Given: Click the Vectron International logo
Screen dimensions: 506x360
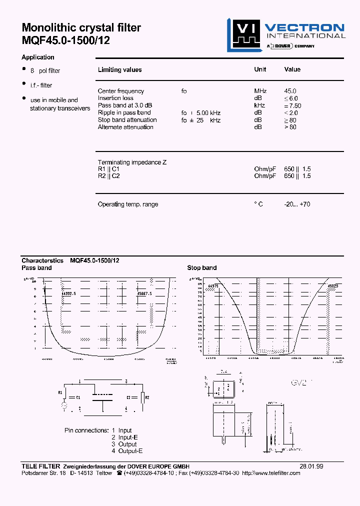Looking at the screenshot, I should (x=285, y=34).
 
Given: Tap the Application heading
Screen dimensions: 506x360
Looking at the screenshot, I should (x=38, y=57).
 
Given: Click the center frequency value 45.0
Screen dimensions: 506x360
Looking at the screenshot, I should (x=290, y=91).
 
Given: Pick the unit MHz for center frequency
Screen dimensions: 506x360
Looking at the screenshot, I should (x=260, y=91).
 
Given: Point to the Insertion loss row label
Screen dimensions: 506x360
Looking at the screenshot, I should (x=115, y=98).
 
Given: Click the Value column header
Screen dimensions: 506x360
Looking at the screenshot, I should (x=292, y=69).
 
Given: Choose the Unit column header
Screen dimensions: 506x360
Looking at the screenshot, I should (x=260, y=69).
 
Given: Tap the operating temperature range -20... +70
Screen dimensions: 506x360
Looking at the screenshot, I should (x=297, y=204).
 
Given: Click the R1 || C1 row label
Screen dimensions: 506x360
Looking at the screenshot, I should (x=108, y=169).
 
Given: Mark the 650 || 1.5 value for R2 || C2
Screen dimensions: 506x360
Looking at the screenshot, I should (x=297, y=176).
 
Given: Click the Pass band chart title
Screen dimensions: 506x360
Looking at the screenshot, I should (x=36, y=267).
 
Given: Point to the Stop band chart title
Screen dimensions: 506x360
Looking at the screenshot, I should (x=202, y=267).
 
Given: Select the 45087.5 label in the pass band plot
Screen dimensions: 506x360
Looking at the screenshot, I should (x=144, y=294).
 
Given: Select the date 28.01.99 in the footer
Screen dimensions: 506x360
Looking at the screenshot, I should (x=311, y=466).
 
